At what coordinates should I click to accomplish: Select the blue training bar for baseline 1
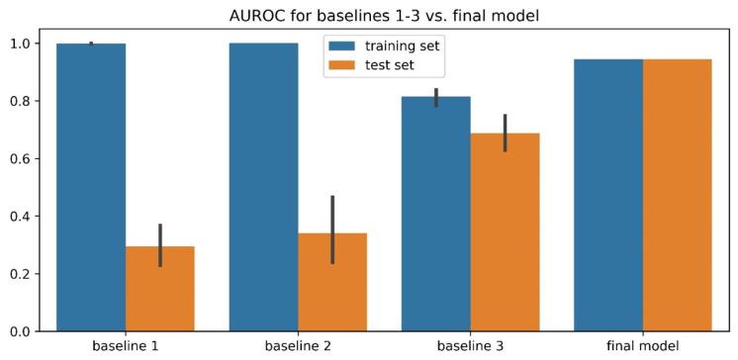pos(91,188)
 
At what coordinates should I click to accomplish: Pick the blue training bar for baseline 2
pos(263,188)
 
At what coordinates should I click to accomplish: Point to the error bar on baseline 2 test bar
pos(332,229)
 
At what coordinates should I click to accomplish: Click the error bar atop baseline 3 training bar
pos(436,97)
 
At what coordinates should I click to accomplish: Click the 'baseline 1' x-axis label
pos(126,347)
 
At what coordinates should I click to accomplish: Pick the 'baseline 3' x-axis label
pos(471,347)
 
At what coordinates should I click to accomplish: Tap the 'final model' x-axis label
pos(643,347)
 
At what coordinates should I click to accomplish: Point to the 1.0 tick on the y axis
pos(20,44)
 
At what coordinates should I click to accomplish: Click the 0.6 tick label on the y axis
pos(20,158)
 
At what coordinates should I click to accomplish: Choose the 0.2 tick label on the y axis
pos(20,273)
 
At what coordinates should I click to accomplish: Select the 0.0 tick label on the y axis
pos(20,330)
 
